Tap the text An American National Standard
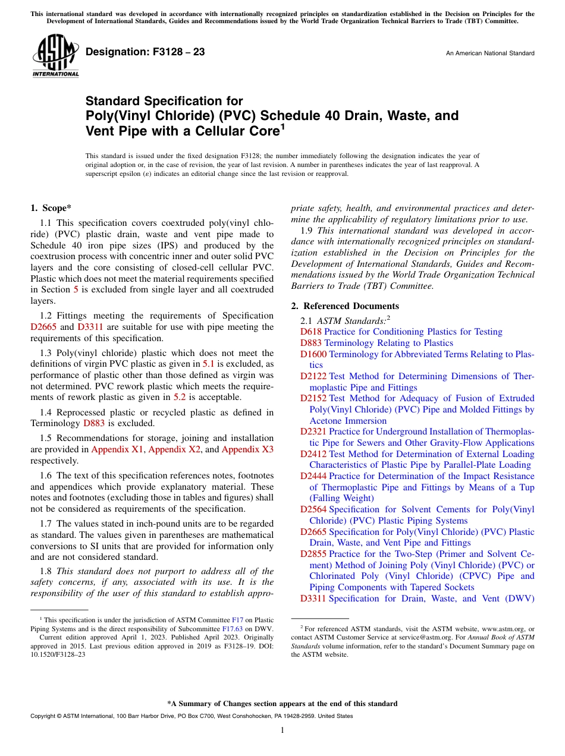(489, 53)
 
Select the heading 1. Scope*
(51, 208)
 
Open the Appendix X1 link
(117, 449)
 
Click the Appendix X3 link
(247, 449)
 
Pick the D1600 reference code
(313, 354)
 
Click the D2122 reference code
(313, 376)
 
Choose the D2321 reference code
(313, 431)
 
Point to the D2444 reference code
(313, 476)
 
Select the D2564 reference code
(313, 509)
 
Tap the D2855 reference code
(313, 553)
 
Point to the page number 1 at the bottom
(282, 730)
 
